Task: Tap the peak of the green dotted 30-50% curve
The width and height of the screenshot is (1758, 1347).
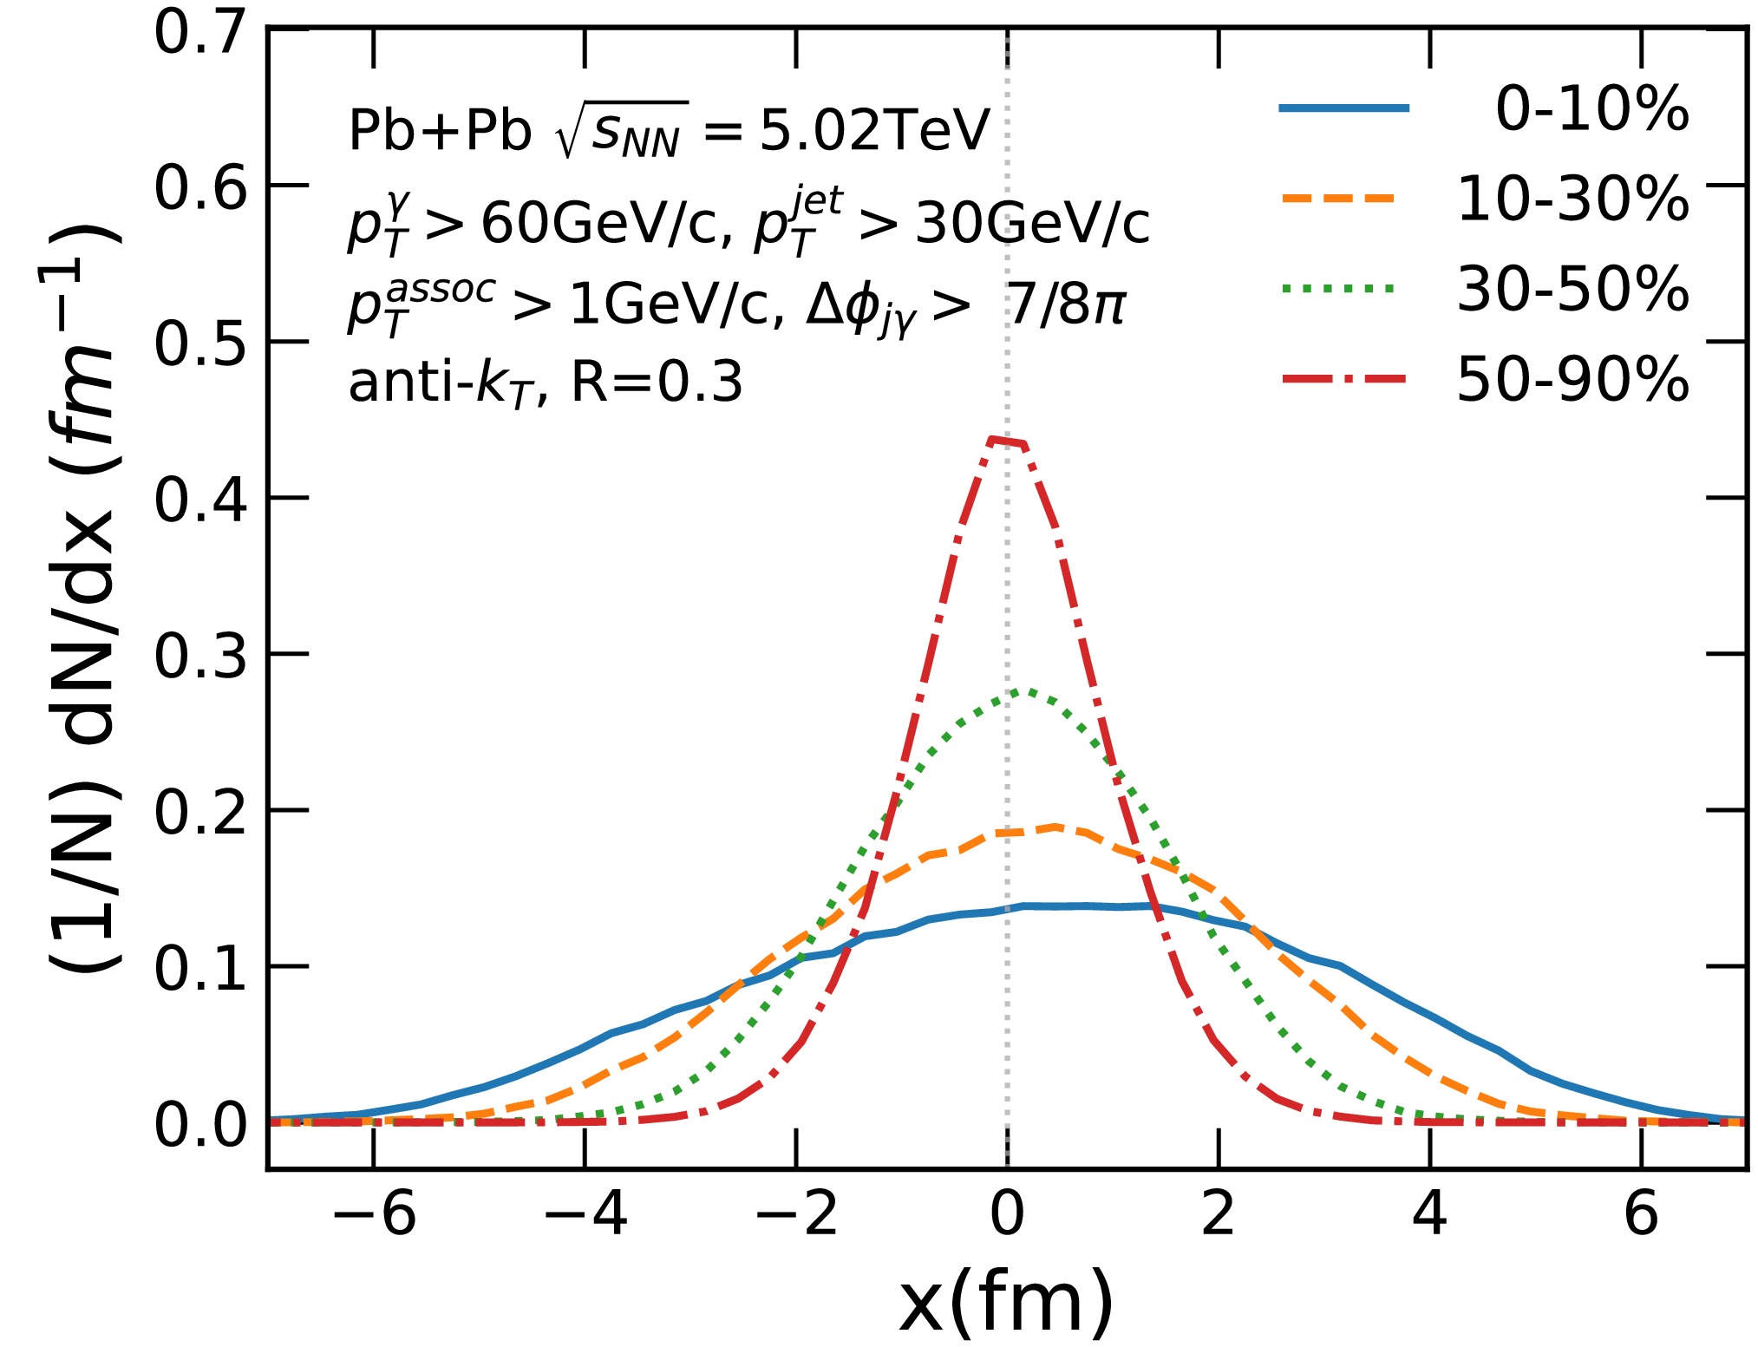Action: coord(1028,691)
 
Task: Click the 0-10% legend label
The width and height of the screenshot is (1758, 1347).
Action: coord(1591,109)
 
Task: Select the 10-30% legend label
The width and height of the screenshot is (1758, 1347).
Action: coord(1572,199)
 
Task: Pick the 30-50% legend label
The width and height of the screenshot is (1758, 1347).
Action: coord(1572,289)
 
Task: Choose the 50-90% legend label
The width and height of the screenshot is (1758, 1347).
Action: coord(1572,379)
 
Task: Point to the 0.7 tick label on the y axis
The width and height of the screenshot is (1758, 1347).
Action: coord(200,33)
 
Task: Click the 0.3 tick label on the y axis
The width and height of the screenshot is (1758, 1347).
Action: coord(200,656)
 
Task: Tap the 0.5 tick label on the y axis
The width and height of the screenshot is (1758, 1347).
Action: coord(200,344)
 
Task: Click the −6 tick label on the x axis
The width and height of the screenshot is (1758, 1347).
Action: coord(374,1213)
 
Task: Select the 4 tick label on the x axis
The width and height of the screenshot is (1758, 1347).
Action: coord(1429,1213)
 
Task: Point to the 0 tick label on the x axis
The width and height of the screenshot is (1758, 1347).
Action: coord(1007,1213)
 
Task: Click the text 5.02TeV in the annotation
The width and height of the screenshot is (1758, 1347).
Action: coord(874,131)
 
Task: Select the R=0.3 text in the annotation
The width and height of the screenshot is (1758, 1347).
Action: coord(657,382)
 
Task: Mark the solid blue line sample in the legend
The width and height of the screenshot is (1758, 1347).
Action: coord(1344,108)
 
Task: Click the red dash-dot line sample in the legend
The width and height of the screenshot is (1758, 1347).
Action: coord(1344,378)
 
